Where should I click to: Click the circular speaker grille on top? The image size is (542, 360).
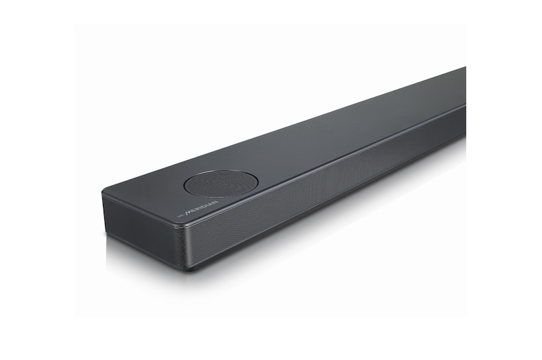221,183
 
